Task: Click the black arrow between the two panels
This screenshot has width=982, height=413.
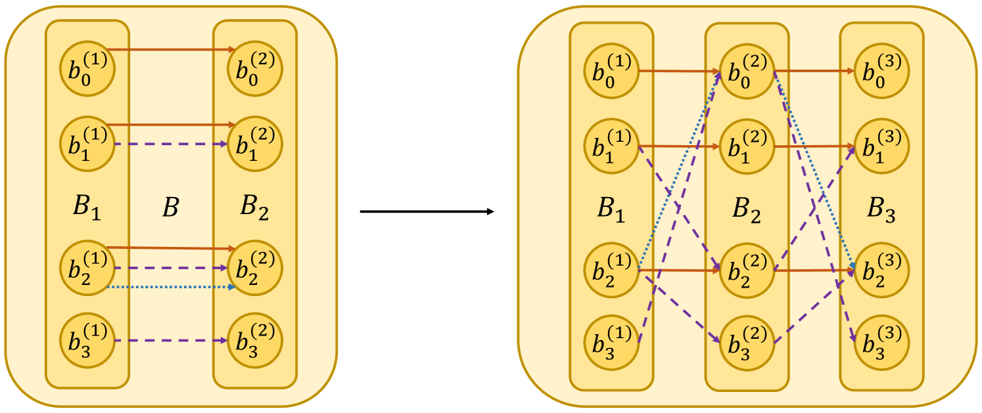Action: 427,211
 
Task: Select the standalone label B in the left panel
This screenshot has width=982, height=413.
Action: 170,208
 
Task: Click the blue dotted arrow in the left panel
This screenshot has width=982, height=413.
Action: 171,288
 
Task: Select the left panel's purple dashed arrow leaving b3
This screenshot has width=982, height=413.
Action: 171,341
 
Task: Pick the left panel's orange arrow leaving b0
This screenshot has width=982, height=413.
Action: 171,49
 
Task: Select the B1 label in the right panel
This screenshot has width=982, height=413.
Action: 612,209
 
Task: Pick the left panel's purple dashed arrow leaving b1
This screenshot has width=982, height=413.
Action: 171,144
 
